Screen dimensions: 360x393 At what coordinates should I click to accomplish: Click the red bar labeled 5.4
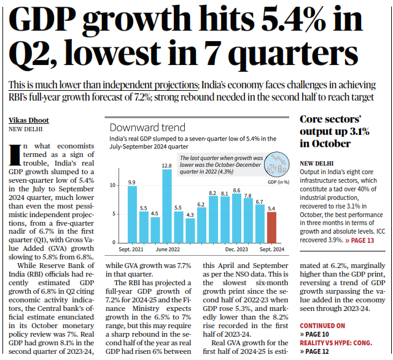[271, 227]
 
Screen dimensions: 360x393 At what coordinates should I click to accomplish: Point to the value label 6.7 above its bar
[260, 201]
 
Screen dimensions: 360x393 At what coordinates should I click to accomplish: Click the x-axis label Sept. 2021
[132, 250]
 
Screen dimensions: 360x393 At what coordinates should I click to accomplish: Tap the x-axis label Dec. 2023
[236, 250]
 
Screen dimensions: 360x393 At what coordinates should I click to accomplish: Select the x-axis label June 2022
[167, 250]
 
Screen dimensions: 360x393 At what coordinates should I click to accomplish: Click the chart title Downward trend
[147, 128]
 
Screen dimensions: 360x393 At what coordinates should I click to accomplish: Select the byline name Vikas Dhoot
[29, 120]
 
